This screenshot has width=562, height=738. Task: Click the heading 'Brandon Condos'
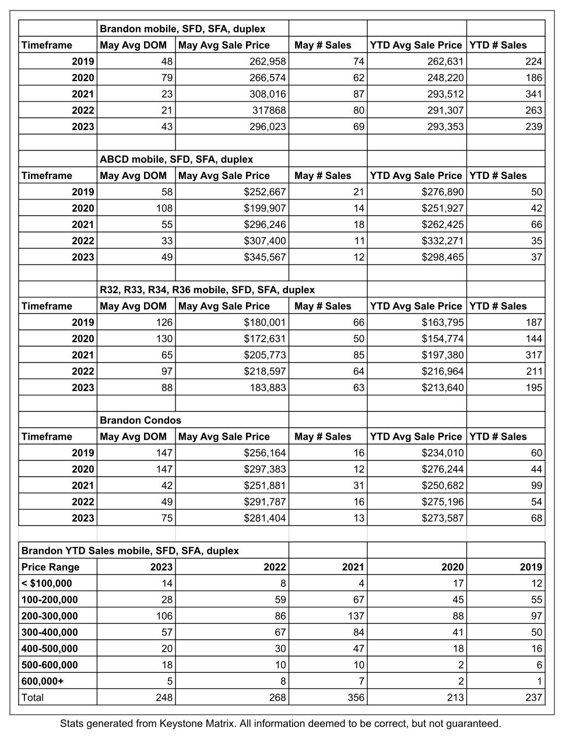pyautogui.click(x=140, y=420)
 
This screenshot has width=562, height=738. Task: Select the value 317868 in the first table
pyautogui.click(x=268, y=110)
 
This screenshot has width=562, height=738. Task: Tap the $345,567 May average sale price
pyautogui.click(x=262, y=257)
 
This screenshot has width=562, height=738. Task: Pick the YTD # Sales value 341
pyautogui.click(x=533, y=94)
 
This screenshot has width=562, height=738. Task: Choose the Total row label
pyautogui.click(x=33, y=697)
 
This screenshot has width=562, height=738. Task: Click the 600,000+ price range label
pyautogui.click(x=42, y=681)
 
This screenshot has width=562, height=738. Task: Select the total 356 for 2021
pyautogui.click(x=354, y=697)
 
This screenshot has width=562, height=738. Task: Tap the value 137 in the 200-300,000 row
pyautogui.click(x=354, y=616)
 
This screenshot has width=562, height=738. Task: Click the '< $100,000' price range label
pyautogui.click(x=47, y=583)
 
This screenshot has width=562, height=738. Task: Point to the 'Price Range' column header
pyautogui.click(x=50, y=567)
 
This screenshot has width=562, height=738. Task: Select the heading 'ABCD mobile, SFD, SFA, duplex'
pyautogui.click(x=176, y=159)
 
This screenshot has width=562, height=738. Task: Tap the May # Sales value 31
pyautogui.click(x=359, y=486)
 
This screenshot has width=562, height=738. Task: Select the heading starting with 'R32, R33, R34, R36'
pyautogui.click(x=207, y=290)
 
